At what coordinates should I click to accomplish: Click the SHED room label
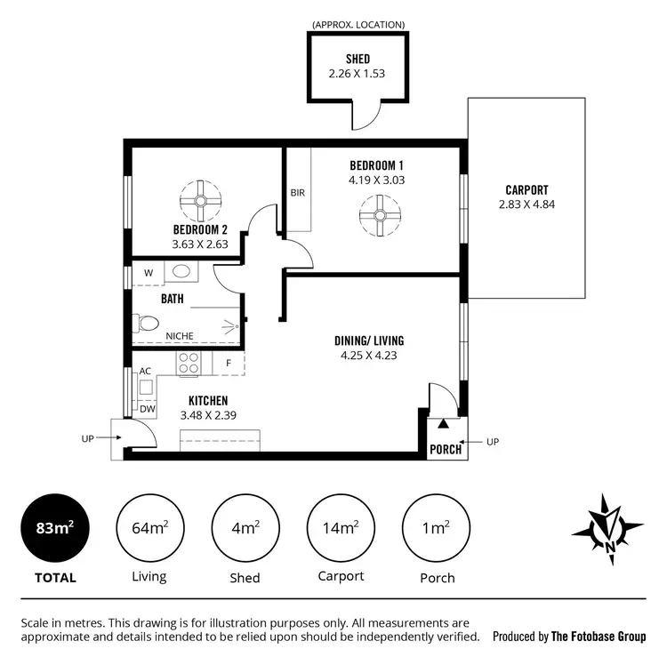(x=358, y=60)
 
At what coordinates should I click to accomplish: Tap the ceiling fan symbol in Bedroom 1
(x=378, y=215)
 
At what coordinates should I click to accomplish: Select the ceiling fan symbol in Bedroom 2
(x=199, y=201)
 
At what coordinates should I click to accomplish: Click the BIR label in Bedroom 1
(x=297, y=192)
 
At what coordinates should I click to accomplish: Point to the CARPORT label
(x=526, y=189)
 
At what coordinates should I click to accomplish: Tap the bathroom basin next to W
(x=181, y=271)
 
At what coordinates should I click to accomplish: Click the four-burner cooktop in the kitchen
(x=189, y=362)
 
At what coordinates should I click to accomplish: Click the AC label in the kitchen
(x=146, y=371)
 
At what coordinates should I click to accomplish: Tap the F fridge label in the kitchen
(x=229, y=363)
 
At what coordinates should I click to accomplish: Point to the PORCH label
(x=446, y=449)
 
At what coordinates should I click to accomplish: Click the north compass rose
(x=608, y=530)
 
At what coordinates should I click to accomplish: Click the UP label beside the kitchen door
(x=87, y=437)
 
